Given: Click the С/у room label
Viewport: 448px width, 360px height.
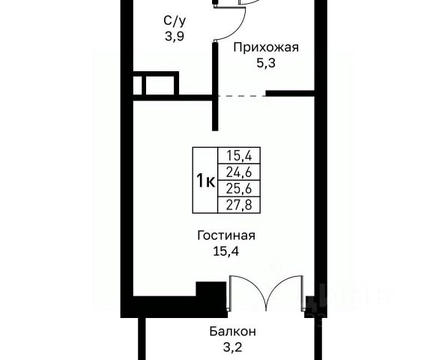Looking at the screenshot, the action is click(x=175, y=21).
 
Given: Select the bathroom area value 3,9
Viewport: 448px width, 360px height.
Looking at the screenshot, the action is click(x=175, y=36).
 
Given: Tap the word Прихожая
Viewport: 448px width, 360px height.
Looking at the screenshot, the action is click(x=266, y=47).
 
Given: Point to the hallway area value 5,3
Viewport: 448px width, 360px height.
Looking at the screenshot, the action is click(x=266, y=63).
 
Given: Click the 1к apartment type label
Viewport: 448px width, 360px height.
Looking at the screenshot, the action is click(x=205, y=181).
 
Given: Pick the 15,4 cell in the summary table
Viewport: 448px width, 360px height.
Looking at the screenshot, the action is click(x=239, y=156).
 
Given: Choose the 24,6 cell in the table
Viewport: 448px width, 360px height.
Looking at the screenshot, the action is click(x=239, y=172).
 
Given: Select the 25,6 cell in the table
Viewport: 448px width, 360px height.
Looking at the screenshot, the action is click(x=239, y=188).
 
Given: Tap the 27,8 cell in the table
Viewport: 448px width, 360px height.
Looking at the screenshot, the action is click(x=239, y=205).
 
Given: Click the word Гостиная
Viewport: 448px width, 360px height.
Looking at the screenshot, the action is click(x=226, y=236).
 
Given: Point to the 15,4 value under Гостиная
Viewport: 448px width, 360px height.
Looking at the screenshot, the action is click(x=225, y=251).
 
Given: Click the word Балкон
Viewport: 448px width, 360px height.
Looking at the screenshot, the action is click(x=232, y=331).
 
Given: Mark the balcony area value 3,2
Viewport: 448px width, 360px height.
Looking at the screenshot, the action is click(x=232, y=347).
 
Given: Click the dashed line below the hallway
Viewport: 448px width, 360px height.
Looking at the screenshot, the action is click(x=242, y=96).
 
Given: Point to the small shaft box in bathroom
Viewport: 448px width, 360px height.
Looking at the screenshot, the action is click(x=156, y=83).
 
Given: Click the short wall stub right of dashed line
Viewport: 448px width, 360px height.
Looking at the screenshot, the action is click(x=290, y=93).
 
